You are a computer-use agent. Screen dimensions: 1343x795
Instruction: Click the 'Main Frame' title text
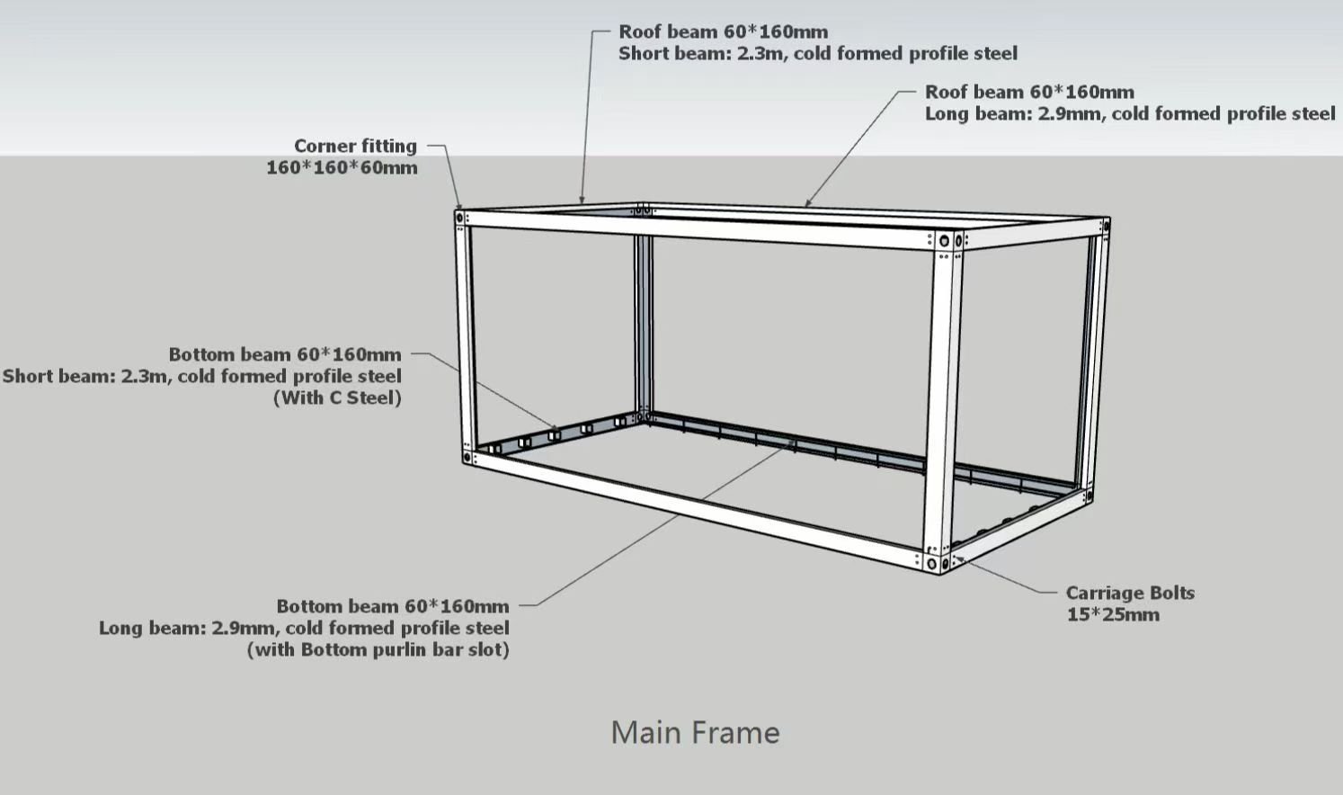(x=696, y=733)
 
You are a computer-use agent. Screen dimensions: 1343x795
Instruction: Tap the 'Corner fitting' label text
(x=356, y=146)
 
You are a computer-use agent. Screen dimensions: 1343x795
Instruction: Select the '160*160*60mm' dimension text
(x=342, y=167)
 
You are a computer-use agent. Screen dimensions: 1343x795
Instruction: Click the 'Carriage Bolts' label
(x=1130, y=593)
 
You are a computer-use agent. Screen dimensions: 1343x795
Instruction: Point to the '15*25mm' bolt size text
(x=1113, y=615)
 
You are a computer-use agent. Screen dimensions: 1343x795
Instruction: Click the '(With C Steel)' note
(x=338, y=397)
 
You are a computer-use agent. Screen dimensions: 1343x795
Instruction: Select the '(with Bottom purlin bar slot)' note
(x=378, y=650)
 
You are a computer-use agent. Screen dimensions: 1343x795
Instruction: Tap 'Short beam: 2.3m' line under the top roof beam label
(x=818, y=53)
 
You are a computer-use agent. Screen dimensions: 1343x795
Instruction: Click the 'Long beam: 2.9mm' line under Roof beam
(x=1130, y=114)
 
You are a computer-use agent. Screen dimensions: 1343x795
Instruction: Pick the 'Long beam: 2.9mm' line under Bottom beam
(x=304, y=629)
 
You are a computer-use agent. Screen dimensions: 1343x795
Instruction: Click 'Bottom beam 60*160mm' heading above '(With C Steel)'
(x=285, y=354)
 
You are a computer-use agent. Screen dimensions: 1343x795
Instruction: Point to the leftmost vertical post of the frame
(x=467, y=336)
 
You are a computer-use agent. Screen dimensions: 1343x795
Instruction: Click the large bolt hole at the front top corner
(x=944, y=241)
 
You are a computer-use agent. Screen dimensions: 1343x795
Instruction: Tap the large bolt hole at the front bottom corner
(x=931, y=564)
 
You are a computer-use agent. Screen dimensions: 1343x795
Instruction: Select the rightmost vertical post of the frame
(x=1096, y=360)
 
